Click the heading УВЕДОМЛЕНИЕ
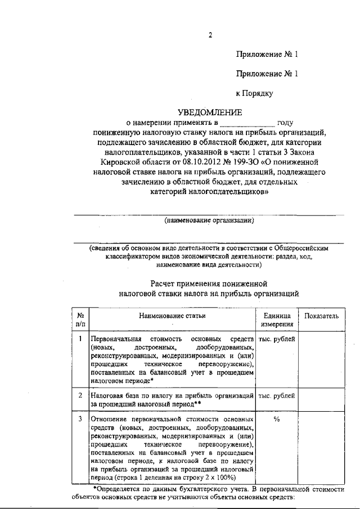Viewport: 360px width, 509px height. click(209, 112)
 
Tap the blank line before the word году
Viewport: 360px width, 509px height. click(247, 122)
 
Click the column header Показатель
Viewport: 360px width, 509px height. click(321, 317)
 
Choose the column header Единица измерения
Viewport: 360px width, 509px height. click(276, 320)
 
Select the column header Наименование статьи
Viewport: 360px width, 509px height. click(173, 317)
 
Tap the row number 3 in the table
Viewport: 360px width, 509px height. click(80, 419)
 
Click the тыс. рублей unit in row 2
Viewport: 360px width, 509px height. click(276, 397)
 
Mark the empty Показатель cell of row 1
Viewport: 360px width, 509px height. click(321, 360)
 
